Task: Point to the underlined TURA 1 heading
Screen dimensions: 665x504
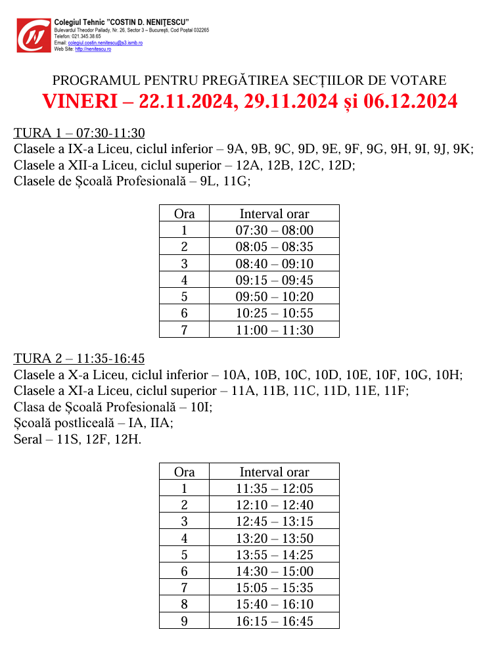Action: tap(79, 133)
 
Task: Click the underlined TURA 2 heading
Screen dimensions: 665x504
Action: tap(79, 359)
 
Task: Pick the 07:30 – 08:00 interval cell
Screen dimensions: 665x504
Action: tap(274, 231)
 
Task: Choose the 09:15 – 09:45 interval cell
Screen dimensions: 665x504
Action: tap(274, 281)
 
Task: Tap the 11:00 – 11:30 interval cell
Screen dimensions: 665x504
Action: tap(274, 331)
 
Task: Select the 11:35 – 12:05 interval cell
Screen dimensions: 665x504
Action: tap(274, 489)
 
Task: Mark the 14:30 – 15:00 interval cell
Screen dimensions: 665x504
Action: tap(274, 572)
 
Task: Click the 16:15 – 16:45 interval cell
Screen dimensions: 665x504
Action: tap(274, 622)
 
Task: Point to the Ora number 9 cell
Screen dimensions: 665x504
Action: tap(184, 622)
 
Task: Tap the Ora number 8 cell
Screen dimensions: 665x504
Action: tap(184, 605)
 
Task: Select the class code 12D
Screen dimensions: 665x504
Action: tap(342, 166)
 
